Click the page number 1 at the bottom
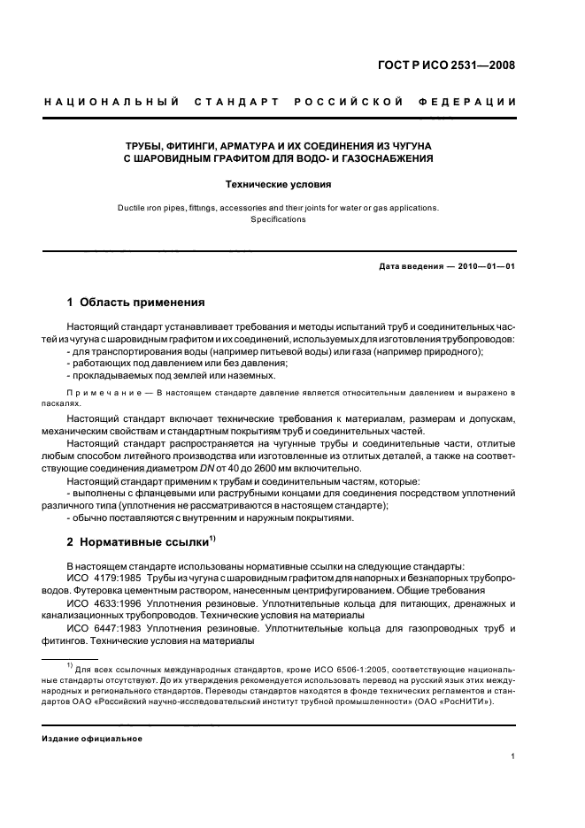(513, 756)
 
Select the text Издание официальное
(92, 739)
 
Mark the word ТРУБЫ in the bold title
(144, 144)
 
